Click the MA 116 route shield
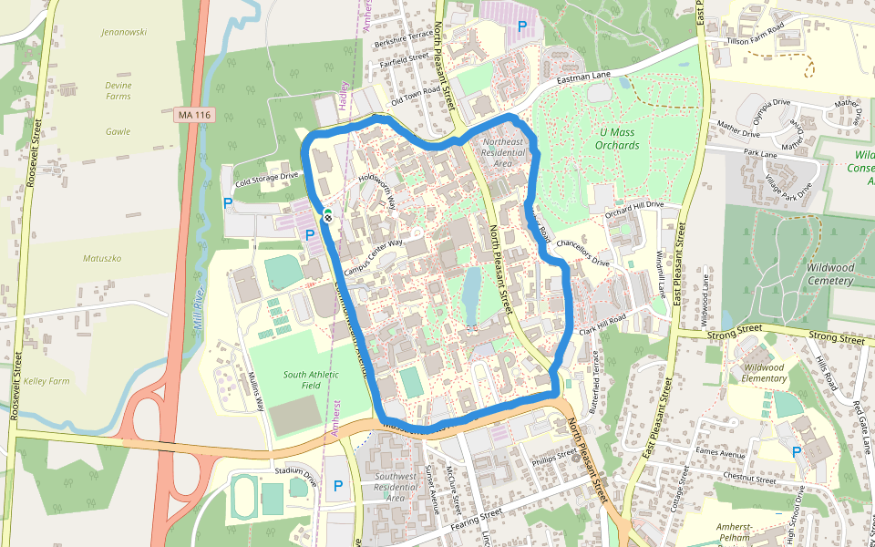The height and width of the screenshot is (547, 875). (193, 114)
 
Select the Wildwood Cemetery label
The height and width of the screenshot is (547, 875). (829, 273)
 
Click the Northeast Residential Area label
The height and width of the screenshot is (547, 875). (503, 152)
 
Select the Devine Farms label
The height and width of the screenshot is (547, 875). (118, 90)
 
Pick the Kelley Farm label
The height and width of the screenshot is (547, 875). (46, 380)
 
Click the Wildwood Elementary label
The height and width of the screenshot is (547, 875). (764, 372)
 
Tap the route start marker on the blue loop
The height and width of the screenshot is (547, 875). (327, 216)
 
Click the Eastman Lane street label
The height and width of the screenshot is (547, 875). (584, 80)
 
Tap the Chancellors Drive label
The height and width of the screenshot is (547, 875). (582, 252)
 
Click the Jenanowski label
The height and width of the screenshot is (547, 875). (126, 32)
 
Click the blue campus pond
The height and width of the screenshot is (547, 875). (471, 290)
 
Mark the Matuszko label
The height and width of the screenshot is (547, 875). (102, 258)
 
